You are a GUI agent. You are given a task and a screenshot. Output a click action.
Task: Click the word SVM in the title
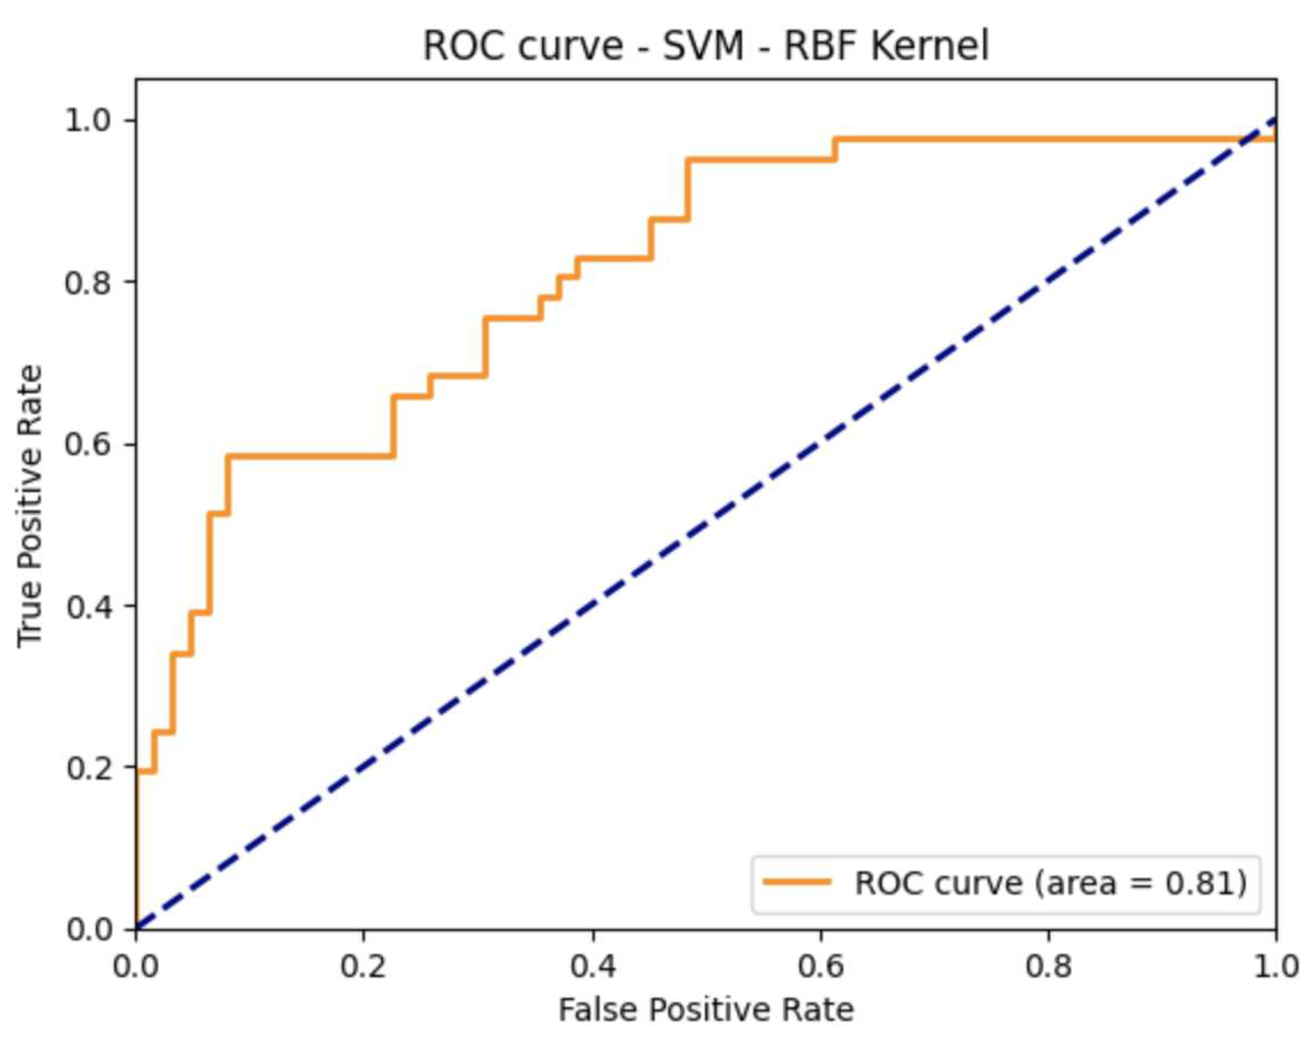tap(703, 46)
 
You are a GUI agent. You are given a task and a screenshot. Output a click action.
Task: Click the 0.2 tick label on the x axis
tap(364, 967)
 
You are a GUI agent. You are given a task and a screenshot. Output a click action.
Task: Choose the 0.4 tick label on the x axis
tap(592, 967)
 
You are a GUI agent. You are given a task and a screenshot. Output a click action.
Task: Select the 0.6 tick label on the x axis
tap(820, 967)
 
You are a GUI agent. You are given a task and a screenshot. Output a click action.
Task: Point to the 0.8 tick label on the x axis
tap(1049, 967)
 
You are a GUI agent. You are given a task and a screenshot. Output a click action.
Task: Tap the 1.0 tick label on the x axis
tap(1275, 967)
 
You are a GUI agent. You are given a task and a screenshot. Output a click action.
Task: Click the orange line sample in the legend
tap(797, 882)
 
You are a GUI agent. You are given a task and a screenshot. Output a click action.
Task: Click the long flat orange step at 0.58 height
tap(311, 456)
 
